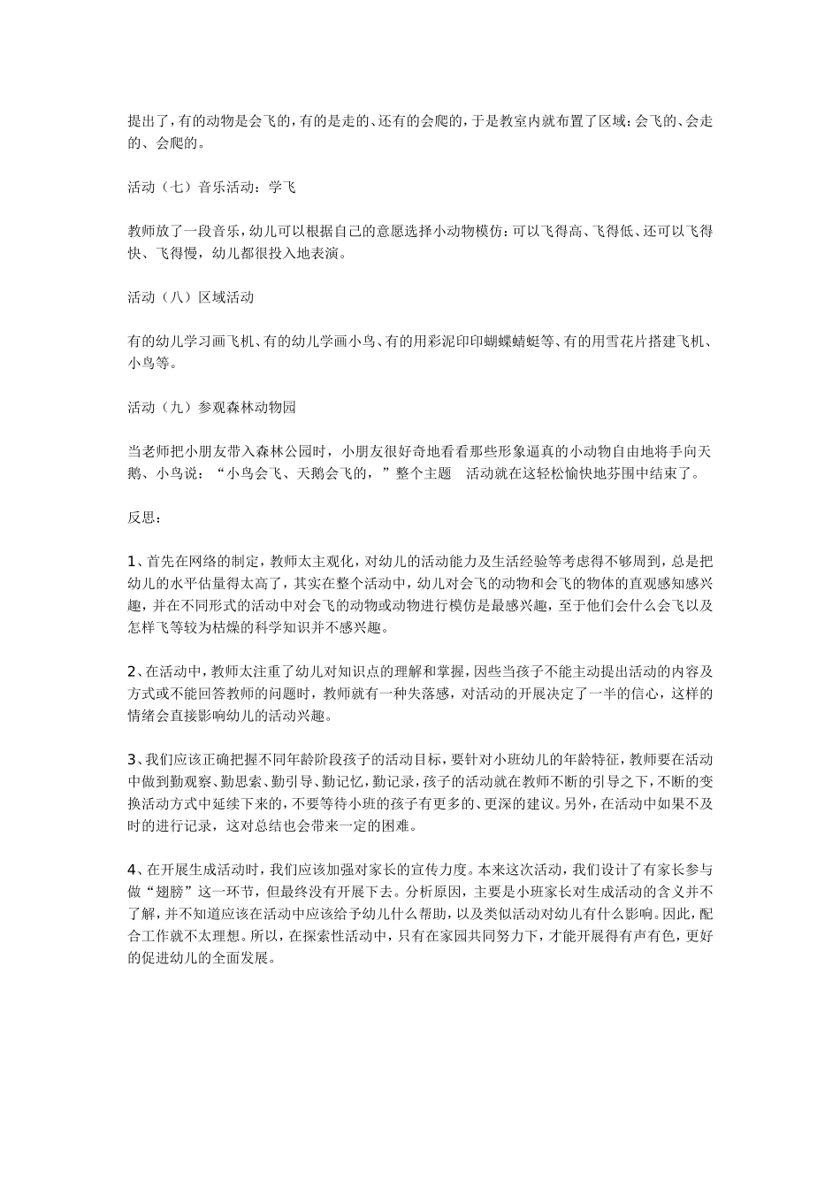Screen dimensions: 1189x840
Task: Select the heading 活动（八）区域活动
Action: pos(191,297)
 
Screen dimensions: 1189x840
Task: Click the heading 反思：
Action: pos(143,517)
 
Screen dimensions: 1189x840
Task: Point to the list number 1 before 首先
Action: pos(132,561)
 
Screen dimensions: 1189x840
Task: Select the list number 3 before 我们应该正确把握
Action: pos(132,759)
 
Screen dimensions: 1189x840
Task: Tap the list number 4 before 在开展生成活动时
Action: pos(132,869)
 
